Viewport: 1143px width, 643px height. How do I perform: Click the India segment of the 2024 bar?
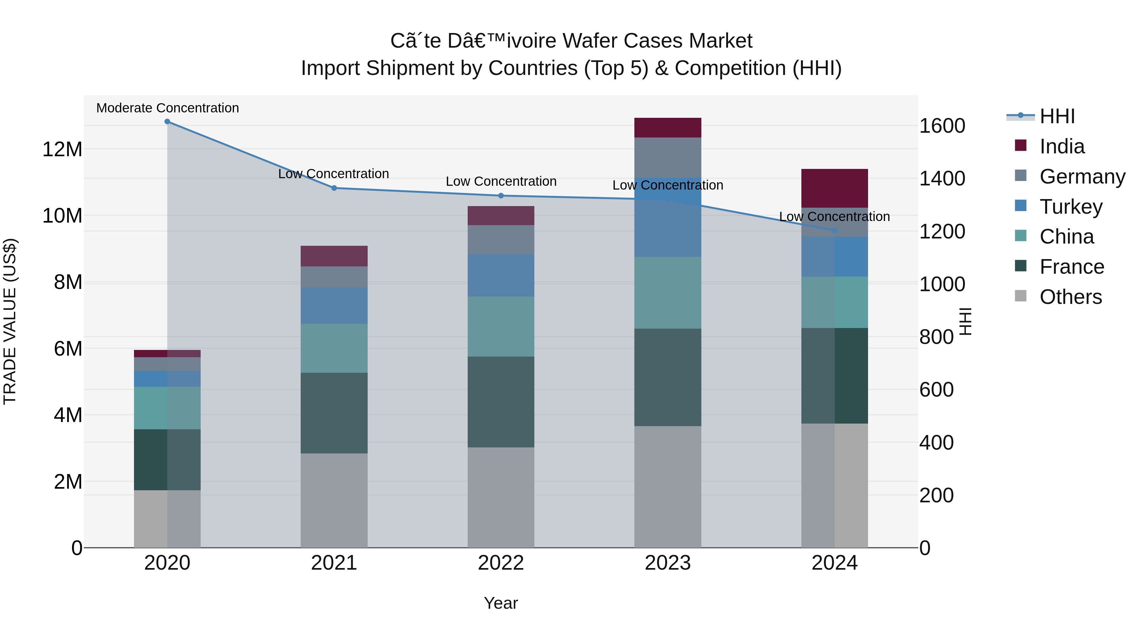pyautogui.click(x=834, y=188)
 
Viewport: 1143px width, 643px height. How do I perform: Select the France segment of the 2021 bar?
pyautogui.click(x=334, y=413)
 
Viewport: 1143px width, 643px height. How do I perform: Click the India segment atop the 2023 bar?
pyautogui.click(x=667, y=127)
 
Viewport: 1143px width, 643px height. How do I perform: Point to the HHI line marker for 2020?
pyautogui.click(x=167, y=122)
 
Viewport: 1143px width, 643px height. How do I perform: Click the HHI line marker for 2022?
pyautogui.click(x=501, y=196)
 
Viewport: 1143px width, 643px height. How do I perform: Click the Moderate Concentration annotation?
pyautogui.click(x=167, y=108)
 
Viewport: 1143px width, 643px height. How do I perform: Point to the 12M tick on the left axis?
pyautogui.click(x=62, y=149)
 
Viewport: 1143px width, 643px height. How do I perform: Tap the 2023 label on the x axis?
pyautogui.click(x=667, y=563)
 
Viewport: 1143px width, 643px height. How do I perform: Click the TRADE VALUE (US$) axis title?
pyautogui.click(x=10, y=321)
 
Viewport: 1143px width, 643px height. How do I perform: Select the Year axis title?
pyautogui.click(x=500, y=603)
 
